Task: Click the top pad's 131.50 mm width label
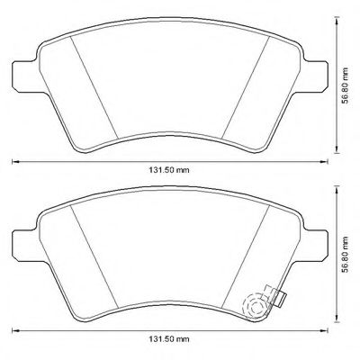click(169, 170)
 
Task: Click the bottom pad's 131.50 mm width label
click(169, 339)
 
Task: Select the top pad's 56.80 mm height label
click(346, 85)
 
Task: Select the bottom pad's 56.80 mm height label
click(346, 255)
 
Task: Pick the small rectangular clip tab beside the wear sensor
click(282, 299)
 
